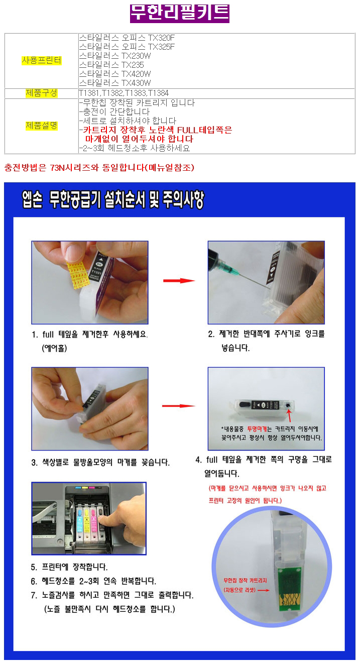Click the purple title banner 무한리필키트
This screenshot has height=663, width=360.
180,14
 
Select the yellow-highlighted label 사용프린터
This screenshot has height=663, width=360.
41,60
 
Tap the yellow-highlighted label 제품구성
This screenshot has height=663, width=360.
41,93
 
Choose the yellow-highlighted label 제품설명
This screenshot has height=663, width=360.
41,126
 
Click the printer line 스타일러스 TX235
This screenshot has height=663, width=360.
111,65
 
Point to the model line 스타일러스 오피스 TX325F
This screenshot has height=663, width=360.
127,47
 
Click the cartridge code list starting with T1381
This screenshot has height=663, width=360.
124,93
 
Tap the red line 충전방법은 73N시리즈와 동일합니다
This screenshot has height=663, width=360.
99,168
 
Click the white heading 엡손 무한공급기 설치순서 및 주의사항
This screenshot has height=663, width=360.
113,200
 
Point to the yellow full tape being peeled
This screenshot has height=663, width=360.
77,274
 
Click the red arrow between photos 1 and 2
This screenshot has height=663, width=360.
179,280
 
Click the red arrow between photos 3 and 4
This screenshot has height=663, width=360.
178,406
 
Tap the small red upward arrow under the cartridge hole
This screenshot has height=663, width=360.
289,415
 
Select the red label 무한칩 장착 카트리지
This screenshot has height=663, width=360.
245,580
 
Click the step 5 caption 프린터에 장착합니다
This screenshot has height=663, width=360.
69,567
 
